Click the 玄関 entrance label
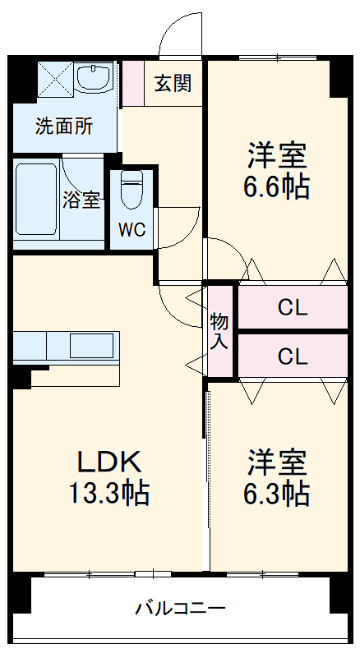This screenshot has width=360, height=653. pos(173,83)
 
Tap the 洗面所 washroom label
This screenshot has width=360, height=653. pos(63,126)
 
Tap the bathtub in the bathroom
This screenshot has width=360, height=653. pos(35,199)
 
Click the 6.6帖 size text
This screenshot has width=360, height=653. pos(275,188)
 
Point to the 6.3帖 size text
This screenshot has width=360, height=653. pos(275,493)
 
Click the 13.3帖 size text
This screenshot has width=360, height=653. pos(107,493)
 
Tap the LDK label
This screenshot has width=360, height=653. pos(110,461)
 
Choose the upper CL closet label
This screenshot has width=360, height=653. pos(292,308)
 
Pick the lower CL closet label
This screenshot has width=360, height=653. pos(292,356)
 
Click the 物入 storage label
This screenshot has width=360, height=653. pos(219,331)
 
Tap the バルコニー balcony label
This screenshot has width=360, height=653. pos(180,609)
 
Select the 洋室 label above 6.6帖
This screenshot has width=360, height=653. pos(275,154)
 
